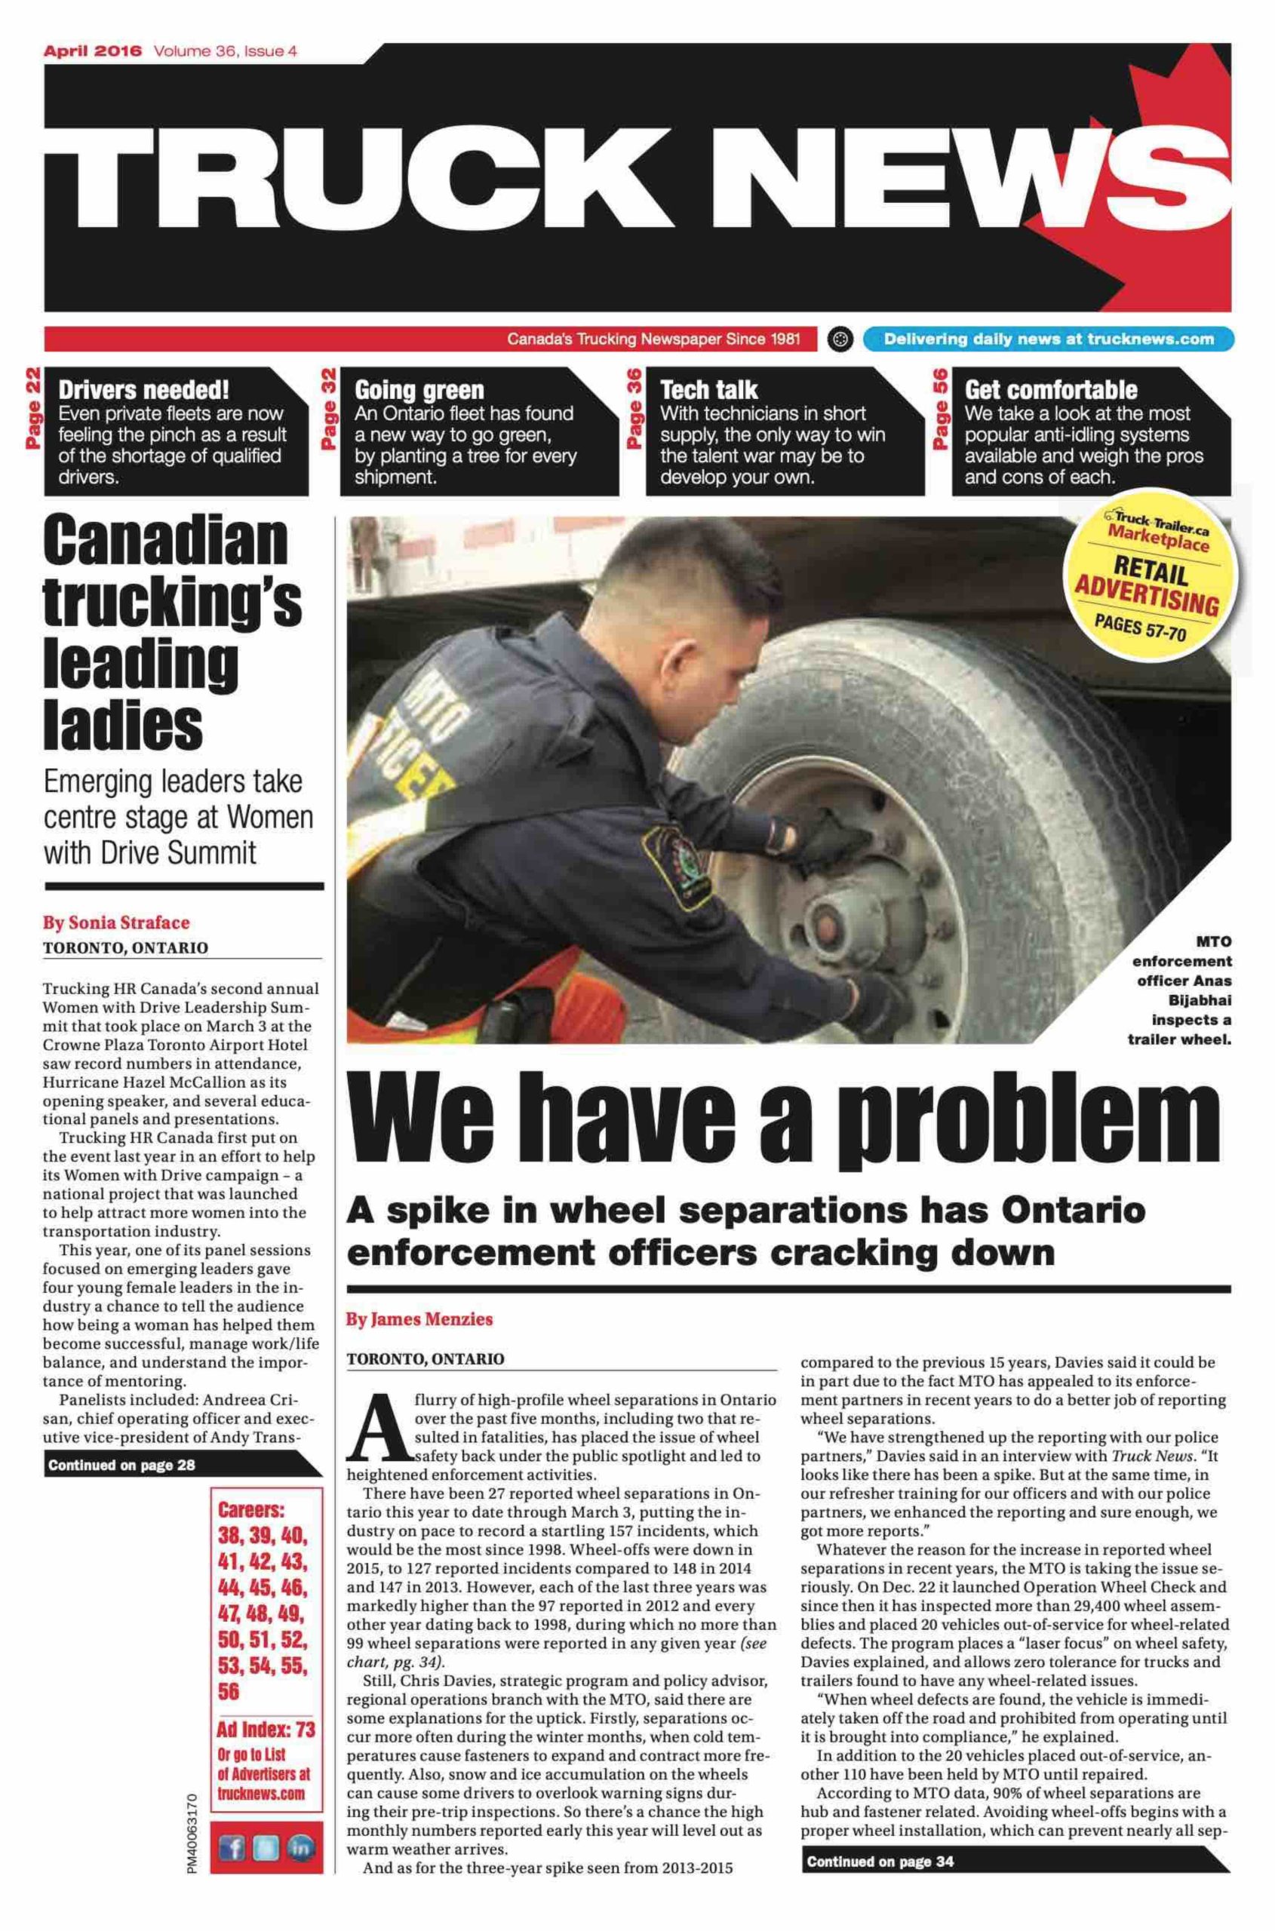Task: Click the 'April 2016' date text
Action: click(92, 51)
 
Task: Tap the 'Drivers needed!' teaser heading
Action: click(143, 389)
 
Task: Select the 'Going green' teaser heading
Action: click(419, 389)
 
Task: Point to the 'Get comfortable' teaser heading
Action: click(1051, 389)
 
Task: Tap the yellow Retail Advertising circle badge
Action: click(1148, 574)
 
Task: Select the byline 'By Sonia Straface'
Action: click(115, 922)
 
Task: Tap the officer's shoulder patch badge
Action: click(671, 862)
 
